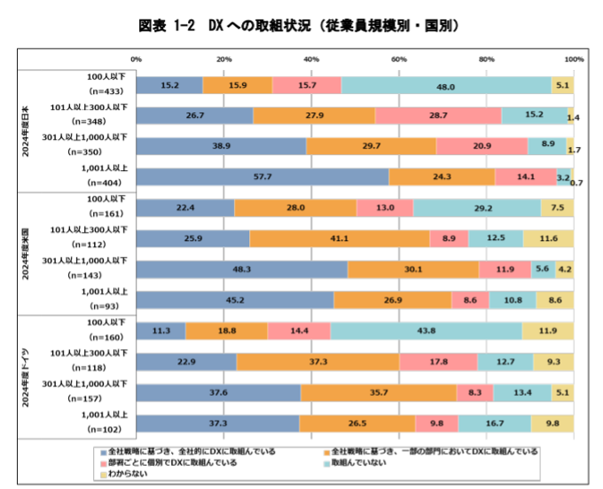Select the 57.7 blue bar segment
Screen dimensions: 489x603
click(x=262, y=177)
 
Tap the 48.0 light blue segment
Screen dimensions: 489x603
click(x=446, y=85)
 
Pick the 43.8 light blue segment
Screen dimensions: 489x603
click(x=426, y=330)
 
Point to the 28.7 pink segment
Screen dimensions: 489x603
click(x=438, y=116)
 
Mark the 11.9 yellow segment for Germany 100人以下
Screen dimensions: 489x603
click(x=547, y=330)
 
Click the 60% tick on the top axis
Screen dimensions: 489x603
click(x=399, y=59)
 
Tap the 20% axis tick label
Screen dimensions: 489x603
click(x=224, y=59)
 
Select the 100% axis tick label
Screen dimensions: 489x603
click(x=573, y=59)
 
